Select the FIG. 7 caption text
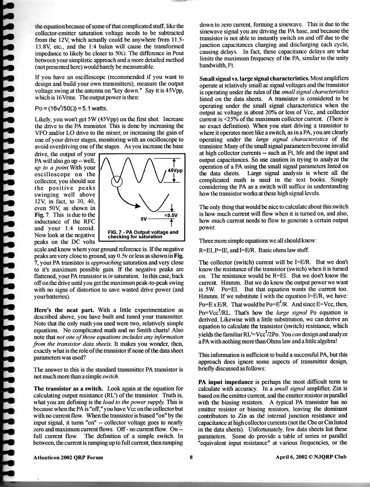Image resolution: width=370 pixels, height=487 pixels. pyautogui.click(x=143, y=234)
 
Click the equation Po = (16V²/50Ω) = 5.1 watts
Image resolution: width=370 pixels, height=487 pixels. pyautogui.click(x=71, y=109)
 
